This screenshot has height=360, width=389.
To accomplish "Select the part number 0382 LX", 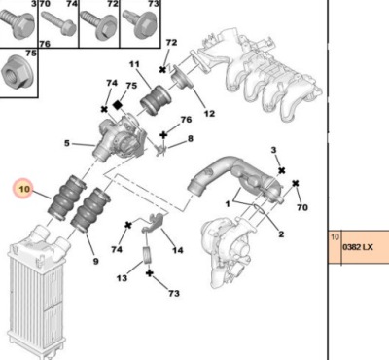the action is coord(358,247).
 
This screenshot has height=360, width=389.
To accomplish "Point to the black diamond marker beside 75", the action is coord(118,105).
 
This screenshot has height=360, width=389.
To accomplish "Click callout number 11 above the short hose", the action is coord(134,64).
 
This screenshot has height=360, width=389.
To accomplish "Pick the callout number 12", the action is coord(209,114).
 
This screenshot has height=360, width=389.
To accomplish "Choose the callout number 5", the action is coord(67,143).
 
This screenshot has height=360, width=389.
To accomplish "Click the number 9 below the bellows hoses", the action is coord(95,261).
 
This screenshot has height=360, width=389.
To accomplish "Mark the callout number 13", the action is coord(122,278).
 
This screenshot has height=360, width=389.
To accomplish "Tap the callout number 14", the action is coord(178,250).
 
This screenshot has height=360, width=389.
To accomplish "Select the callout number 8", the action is coord(191,139).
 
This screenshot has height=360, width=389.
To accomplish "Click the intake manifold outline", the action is coord(260,74).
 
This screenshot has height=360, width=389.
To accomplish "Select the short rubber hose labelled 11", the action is coord(155,100).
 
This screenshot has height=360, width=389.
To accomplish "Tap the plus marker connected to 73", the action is coord(149,273).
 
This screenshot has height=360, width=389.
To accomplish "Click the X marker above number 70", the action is coord(295,184).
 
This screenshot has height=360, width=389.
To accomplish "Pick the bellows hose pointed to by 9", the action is coord(90,211).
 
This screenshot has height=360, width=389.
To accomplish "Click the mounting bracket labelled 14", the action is coord(154,223).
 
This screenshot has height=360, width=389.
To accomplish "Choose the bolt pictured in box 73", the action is coord(140,25).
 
